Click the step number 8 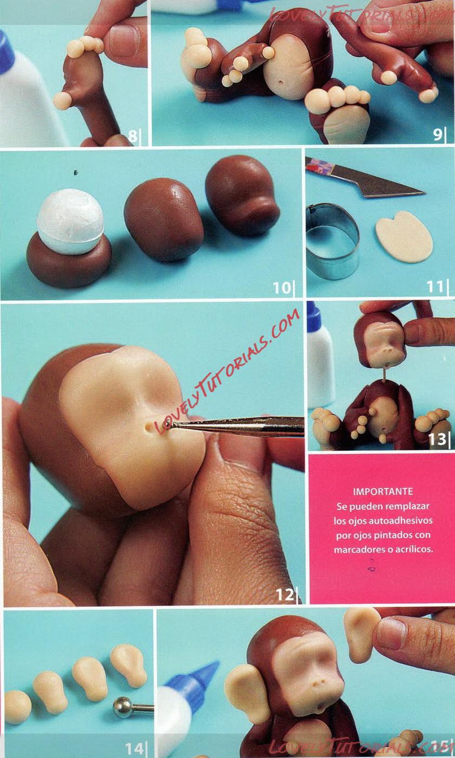[x=133, y=136]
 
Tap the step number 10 [x=282, y=288]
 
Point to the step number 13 [x=437, y=439]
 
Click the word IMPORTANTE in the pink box [x=383, y=491]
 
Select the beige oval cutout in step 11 [x=404, y=236]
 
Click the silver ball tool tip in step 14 [x=122, y=707]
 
